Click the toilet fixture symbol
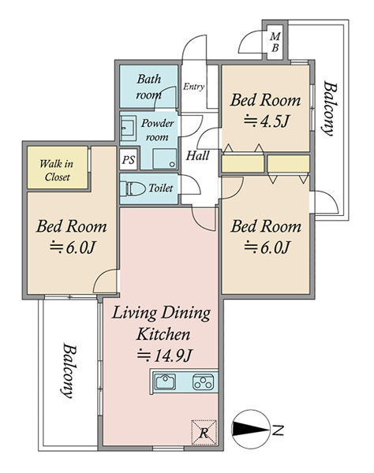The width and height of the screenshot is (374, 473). (132, 188)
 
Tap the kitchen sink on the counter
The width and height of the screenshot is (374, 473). (165, 382)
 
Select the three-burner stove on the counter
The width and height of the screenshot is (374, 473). (203, 382)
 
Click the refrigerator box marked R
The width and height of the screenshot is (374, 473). (204, 432)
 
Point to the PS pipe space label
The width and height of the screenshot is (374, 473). (129, 159)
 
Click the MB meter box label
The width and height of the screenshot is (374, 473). (275, 43)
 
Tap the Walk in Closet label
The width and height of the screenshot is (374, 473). (57, 170)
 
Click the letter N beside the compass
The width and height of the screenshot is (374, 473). (278, 430)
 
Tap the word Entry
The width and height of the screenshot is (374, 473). (193, 87)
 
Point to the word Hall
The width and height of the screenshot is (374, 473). (197, 155)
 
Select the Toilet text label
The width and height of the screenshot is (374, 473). (161, 188)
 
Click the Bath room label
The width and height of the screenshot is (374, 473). (149, 87)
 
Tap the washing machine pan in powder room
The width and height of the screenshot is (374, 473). (164, 158)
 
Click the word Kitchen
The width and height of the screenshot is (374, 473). (163, 334)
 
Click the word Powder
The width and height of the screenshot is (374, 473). (158, 124)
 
